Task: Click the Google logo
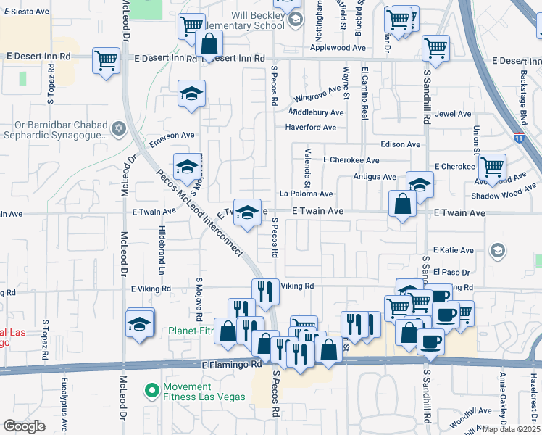point(24,426)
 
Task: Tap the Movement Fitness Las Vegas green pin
point(151,391)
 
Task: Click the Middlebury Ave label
point(316,112)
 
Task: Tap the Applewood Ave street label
point(338,48)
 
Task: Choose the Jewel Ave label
point(453,114)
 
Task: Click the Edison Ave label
point(400,144)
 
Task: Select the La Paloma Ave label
point(306,194)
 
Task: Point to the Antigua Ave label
point(375,177)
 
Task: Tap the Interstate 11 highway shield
point(519,136)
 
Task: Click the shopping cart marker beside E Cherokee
point(492,167)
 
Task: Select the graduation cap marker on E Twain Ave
point(247,212)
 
